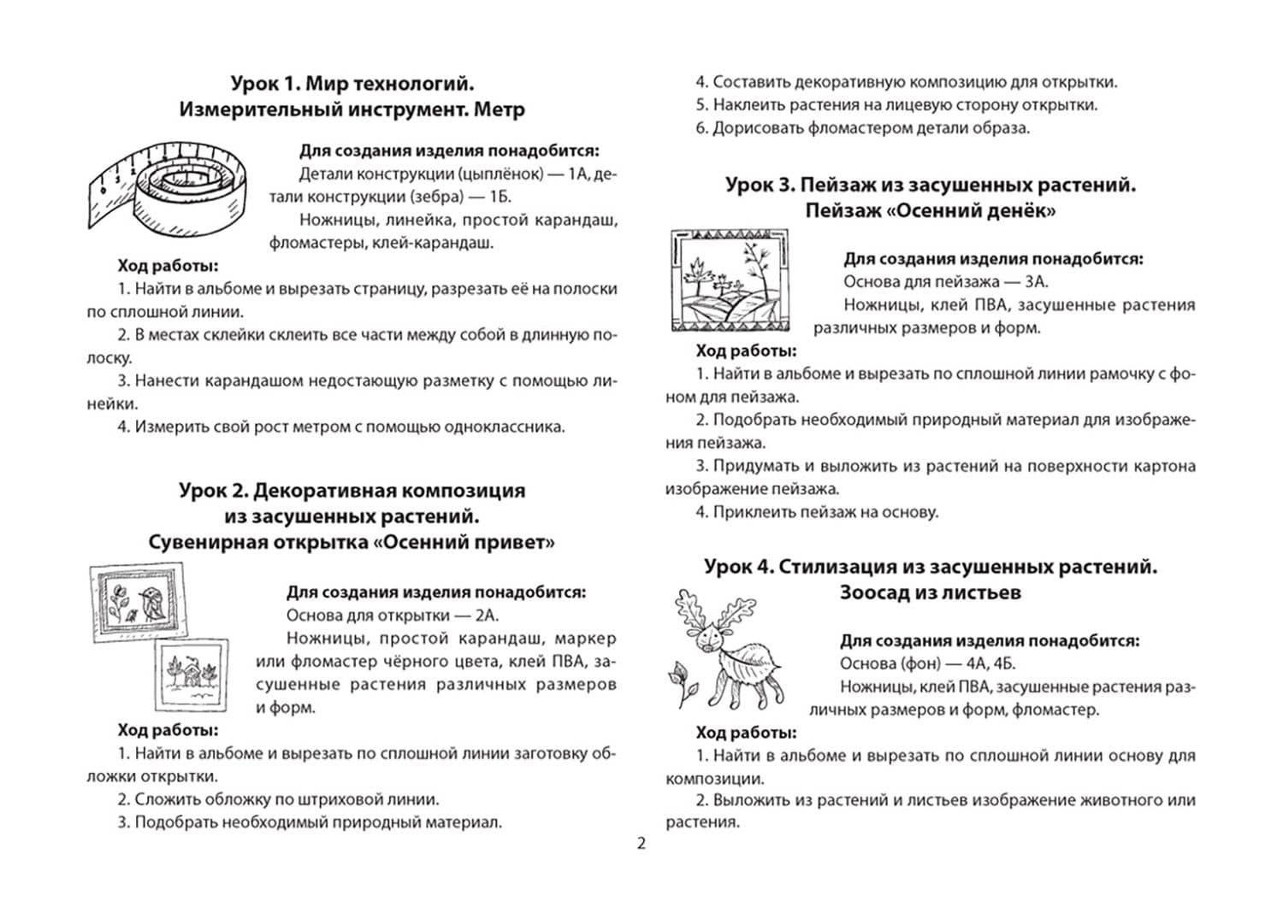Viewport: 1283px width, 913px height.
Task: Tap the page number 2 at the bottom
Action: (641, 844)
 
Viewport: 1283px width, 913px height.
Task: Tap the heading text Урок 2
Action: (215, 491)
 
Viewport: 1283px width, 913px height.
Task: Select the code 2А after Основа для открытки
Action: (487, 616)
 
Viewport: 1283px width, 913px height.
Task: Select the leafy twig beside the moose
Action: (681, 680)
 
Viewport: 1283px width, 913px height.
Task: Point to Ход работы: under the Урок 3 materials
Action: (746, 350)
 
